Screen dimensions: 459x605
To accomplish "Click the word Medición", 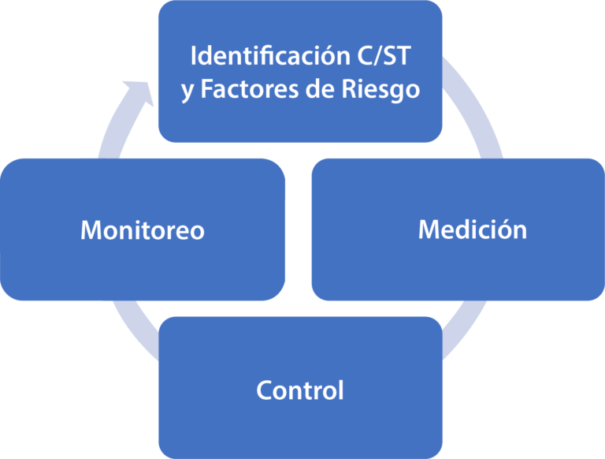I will click(472, 229).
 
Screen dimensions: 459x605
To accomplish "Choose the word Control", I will click(300, 390).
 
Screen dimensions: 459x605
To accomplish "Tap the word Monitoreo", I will click(143, 230).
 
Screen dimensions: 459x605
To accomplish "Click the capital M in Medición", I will click(429, 229).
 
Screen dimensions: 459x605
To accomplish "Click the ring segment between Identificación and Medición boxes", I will click(477, 110).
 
